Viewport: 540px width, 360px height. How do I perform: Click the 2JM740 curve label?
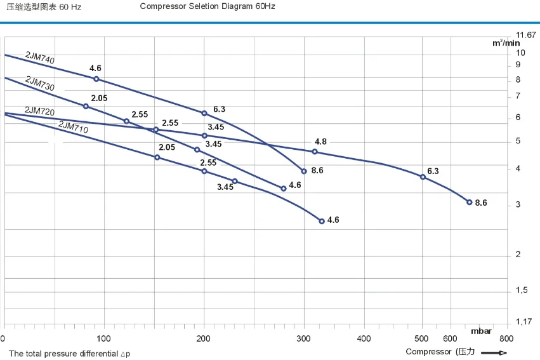coord(40,57)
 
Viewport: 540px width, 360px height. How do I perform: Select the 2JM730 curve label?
coord(39,83)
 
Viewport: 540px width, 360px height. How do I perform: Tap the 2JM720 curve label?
coord(39,110)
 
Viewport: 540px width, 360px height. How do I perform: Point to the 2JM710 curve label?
coord(73,128)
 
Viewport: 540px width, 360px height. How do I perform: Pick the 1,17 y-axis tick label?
coord(524,322)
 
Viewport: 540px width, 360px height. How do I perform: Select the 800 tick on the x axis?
coord(505,338)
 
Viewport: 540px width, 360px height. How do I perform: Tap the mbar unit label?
coord(480,331)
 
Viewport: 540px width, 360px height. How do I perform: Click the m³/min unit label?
coord(506,43)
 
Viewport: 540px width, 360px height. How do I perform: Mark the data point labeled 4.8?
coord(314,152)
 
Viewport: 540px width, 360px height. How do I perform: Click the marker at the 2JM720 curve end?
coord(469,203)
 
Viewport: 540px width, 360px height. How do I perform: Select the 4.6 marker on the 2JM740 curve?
coord(96,79)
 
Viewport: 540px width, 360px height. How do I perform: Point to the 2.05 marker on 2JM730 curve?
coord(86,106)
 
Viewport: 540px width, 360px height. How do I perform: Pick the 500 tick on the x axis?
coord(422,338)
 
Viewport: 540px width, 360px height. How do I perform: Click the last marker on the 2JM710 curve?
coord(322,222)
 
